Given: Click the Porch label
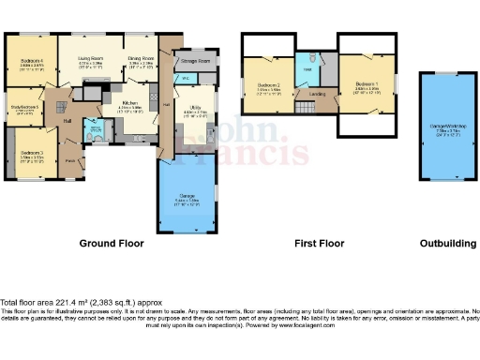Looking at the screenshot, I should point(70,160).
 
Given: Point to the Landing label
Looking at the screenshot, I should point(318,94).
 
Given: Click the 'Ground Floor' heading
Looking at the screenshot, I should point(111,242).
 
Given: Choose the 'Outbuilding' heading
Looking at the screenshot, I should point(445,242).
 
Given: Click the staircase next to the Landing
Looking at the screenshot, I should point(304,106).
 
